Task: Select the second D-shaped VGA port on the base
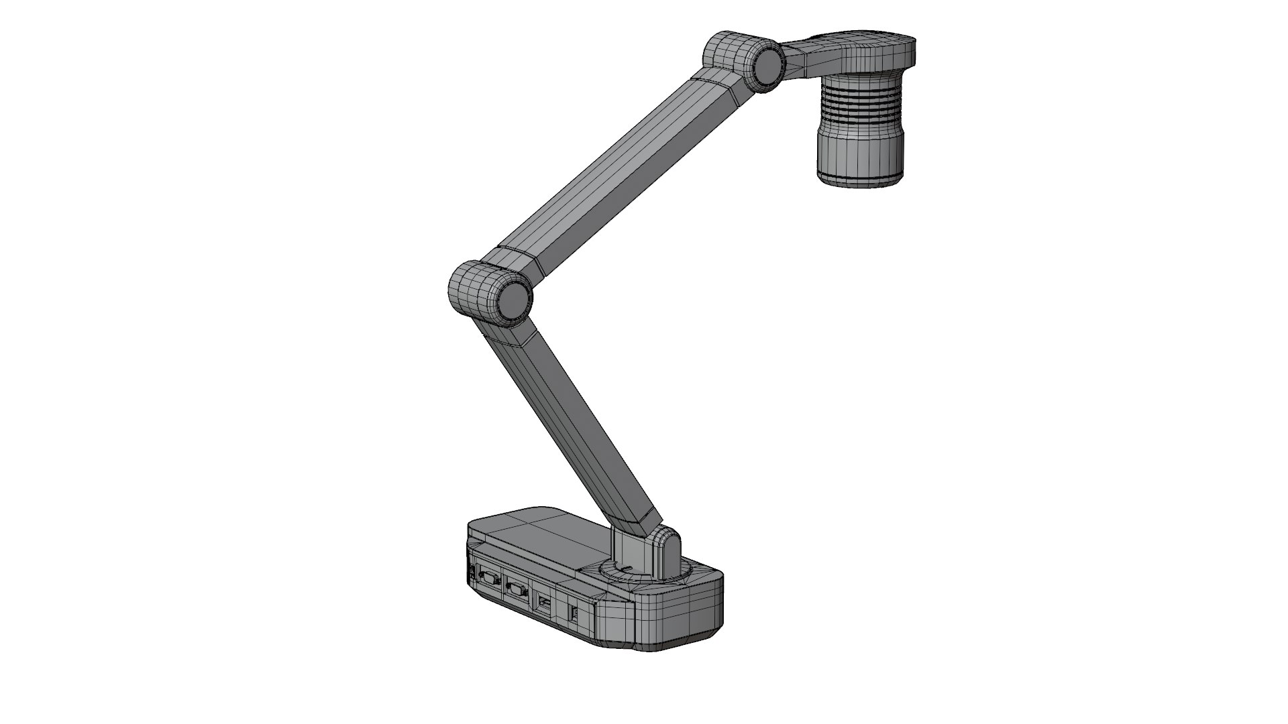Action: (517, 591)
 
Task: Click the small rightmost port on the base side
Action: (575, 613)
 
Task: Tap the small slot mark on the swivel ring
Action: (624, 568)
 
